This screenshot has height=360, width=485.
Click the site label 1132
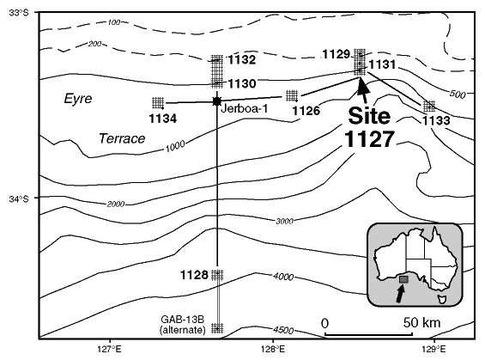(x=242, y=60)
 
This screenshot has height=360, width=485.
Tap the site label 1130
(x=242, y=83)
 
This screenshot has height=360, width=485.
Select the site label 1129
(x=336, y=54)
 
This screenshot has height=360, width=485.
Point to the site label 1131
(x=382, y=64)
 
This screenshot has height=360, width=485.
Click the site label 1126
(x=306, y=111)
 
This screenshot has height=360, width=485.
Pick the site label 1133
(x=436, y=121)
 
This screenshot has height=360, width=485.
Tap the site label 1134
(x=163, y=119)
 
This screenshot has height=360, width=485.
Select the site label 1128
(x=194, y=275)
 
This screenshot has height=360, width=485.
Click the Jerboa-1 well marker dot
(x=217, y=101)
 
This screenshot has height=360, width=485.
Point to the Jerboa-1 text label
(x=245, y=108)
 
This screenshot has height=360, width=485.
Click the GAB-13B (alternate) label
(x=183, y=325)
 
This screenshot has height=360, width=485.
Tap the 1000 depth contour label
(x=175, y=146)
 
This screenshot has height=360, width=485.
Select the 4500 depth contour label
(x=283, y=330)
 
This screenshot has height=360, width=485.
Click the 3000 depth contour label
(x=284, y=221)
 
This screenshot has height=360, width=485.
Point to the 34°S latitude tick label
(x=18, y=199)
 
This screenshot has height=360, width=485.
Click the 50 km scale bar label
(x=421, y=323)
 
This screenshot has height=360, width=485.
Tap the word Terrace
(x=122, y=138)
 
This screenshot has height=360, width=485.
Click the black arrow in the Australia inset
(x=401, y=293)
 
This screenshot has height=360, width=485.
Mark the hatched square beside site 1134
(x=158, y=102)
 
